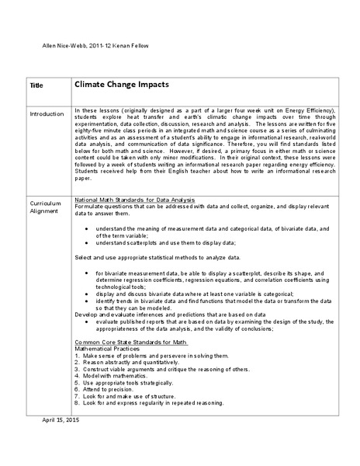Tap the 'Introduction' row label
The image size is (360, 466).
pyautogui.click(x=47, y=114)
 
